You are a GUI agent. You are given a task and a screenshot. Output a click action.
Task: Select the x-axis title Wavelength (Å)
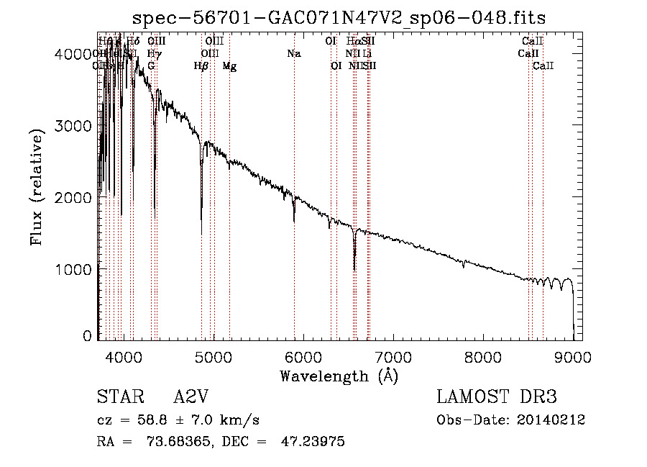click(339, 376)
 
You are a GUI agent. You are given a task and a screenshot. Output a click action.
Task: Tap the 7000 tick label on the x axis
click(393, 356)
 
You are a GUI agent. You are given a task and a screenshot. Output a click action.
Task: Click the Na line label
click(293, 54)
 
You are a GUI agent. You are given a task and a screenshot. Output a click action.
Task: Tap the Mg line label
click(229, 66)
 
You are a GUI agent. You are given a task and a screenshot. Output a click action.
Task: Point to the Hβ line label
click(201, 66)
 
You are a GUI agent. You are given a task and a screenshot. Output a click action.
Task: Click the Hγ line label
click(153, 54)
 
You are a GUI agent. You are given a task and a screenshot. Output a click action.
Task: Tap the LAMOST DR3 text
click(497, 398)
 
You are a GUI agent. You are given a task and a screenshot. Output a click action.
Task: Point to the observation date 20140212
click(549, 420)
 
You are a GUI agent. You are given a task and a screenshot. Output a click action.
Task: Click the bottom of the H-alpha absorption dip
click(354, 269)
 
